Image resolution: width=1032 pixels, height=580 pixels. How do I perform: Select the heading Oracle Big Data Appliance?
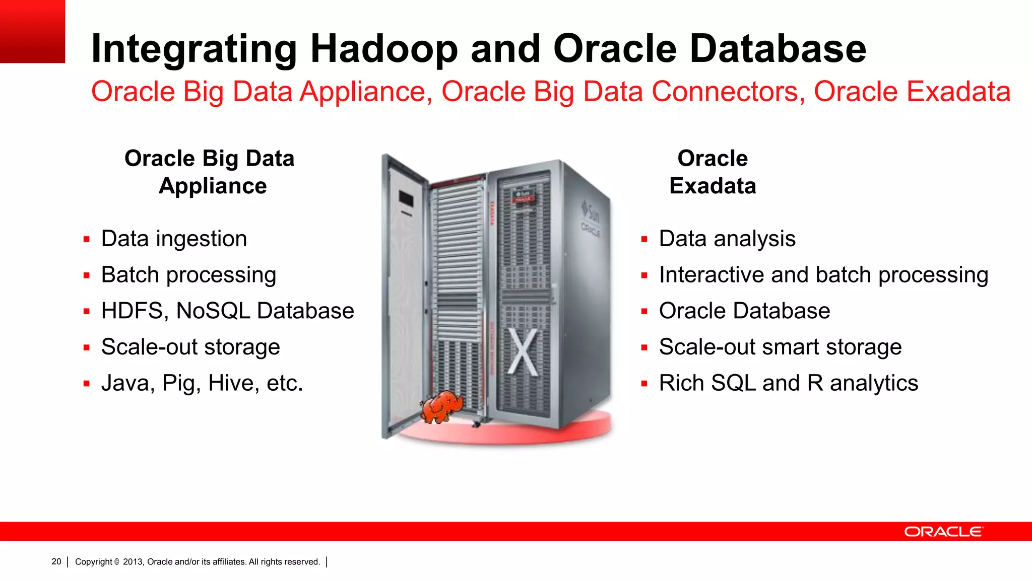click(x=210, y=172)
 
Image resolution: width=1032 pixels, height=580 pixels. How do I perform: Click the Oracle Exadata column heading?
click(x=713, y=172)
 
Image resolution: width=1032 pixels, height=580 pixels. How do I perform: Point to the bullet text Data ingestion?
click(x=174, y=239)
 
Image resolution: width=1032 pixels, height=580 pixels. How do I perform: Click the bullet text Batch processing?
click(x=188, y=275)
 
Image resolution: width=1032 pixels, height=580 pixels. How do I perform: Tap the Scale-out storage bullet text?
click(x=190, y=347)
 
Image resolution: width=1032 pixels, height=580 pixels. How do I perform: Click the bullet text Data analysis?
click(x=727, y=239)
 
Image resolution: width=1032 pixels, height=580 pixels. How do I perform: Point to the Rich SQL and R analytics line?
click(x=789, y=383)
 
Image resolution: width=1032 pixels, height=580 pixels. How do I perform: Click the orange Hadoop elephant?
click(x=441, y=406)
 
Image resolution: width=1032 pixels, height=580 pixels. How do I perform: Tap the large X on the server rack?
click(x=523, y=352)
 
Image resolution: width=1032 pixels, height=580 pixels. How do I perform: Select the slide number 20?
click(x=56, y=561)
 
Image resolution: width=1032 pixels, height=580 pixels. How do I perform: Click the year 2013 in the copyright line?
click(x=133, y=562)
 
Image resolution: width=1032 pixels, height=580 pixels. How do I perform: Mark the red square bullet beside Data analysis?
click(x=644, y=240)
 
